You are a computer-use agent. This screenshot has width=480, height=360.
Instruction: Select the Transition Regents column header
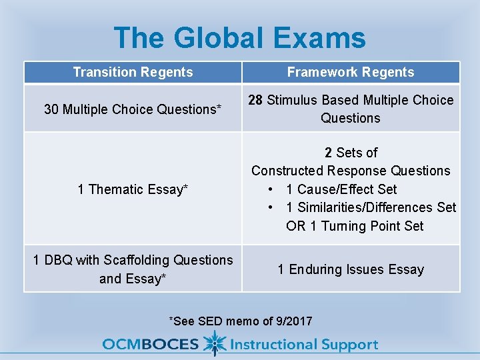click(133, 72)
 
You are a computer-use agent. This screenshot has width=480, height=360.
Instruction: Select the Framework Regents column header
click(351, 72)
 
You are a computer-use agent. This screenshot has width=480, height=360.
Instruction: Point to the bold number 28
click(256, 100)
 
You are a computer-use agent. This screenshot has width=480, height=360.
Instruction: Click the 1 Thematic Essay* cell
click(133, 189)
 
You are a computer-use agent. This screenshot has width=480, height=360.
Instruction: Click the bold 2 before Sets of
click(329, 153)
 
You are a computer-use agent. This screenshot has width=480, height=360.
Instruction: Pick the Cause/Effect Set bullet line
click(341, 189)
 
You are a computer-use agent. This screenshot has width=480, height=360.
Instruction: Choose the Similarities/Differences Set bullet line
click(371, 207)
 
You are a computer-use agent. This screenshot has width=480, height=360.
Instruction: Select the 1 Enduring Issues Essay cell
click(351, 269)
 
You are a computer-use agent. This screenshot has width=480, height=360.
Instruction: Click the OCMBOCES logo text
click(150, 345)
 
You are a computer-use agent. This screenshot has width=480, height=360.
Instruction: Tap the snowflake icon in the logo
click(215, 343)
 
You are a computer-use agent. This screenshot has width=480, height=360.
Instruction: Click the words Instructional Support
click(304, 345)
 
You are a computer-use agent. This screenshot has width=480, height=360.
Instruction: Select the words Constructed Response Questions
click(351, 171)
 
